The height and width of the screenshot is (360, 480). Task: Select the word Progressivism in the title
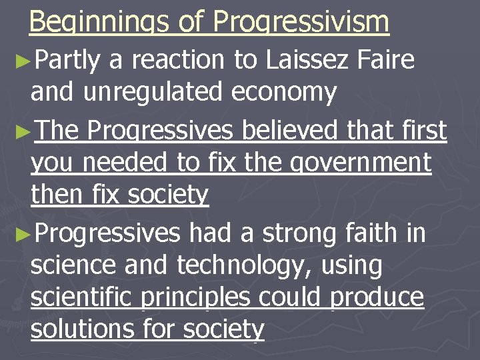301,23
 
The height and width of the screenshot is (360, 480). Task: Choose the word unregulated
154,93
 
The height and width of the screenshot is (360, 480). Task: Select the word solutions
82,329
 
